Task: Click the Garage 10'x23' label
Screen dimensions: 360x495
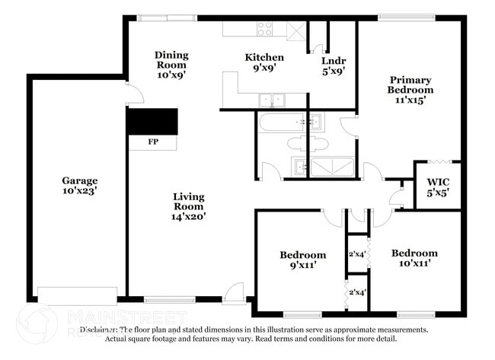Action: pyautogui.click(x=80, y=186)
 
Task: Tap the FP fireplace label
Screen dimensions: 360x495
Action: pyautogui.click(x=152, y=142)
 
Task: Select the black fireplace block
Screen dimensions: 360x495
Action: pyautogui.click(x=152, y=121)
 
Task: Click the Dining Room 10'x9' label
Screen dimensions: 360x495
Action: pyautogui.click(x=171, y=65)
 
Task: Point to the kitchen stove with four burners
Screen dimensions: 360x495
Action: pyautogui.click(x=265, y=29)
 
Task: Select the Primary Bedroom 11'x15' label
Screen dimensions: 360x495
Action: pyautogui.click(x=410, y=89)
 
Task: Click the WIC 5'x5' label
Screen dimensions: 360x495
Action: pyautogui.click(x=438, y=187)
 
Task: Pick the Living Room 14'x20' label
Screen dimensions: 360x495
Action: pyautogui.click(x=188, y=206)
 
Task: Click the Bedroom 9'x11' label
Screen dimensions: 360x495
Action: pyautogui.click(x=302, y=260)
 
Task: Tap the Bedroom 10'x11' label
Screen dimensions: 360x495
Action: pyautogui.click(x=414, y=257)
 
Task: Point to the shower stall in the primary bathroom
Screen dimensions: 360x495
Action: pyautogui.click(x=332, y=167)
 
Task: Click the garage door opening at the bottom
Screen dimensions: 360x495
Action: pyautogui.click(x=77, y=295)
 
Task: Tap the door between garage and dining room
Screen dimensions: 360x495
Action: pyautogui.click(x=134, y=95)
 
